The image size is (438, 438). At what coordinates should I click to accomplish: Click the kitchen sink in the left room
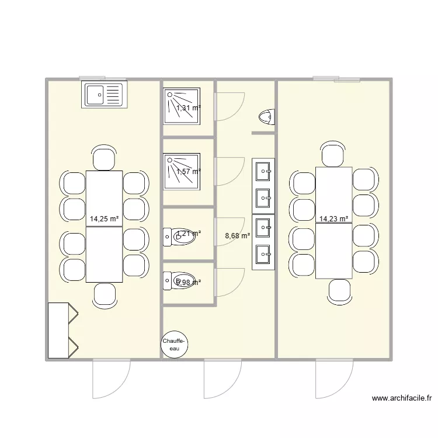[105, 95]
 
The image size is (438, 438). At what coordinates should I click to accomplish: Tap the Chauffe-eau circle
[174, 345]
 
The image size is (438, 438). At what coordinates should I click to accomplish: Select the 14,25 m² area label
[104, 219]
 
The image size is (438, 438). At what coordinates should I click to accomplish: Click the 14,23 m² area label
[334, 219]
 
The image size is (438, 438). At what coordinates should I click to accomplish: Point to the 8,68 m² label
[237, 236]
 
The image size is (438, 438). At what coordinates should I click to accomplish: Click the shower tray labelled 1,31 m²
[182, 106]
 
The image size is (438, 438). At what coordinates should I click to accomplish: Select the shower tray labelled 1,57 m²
[182, 171]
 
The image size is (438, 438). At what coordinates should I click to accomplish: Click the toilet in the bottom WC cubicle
[173, 282]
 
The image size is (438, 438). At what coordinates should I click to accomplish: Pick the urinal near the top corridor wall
[266, 117]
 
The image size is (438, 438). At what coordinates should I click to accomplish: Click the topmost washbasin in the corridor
[263, 171]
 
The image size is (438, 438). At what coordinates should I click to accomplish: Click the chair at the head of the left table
[104, 158]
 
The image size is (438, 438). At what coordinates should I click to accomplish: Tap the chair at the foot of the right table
[340, 291]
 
